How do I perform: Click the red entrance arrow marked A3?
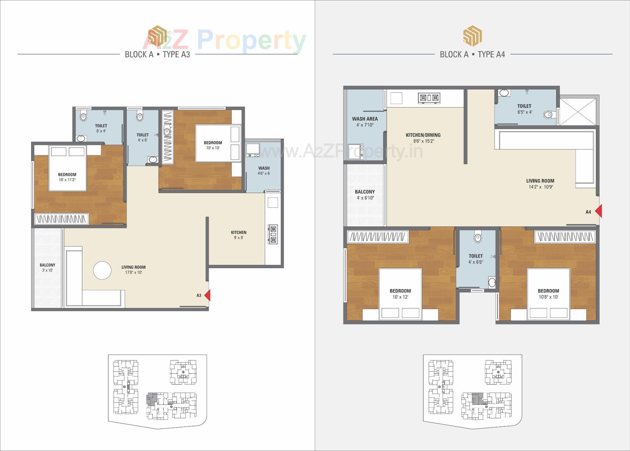[x=207, y=295]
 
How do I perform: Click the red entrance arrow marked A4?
[x=598, y=211]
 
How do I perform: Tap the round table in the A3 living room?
[x=102, y=270]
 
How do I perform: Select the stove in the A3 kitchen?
[x=273, y=234]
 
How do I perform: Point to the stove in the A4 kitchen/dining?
[x=429, y=98]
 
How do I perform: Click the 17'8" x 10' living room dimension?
[x=134, y=272]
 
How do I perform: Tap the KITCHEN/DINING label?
[x=423, y=135]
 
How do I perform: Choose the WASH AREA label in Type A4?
[x=365, y=119]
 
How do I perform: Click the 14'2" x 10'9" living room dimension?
[x=540, y=187]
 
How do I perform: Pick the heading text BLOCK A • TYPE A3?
[x=157, y=54]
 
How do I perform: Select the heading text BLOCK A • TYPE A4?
[x=472, y=54]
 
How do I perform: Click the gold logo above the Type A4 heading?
[x=472, y=36]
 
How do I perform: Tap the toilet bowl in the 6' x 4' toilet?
[x=83, y=116]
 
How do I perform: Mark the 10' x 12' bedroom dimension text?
[x=400, y=297]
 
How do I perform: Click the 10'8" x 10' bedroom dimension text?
[x=548, y=297]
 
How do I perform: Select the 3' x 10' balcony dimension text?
[x=48, y=270]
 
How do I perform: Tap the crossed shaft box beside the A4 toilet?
[x=579, y=111]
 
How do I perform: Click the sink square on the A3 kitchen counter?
[x=273, y=203]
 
